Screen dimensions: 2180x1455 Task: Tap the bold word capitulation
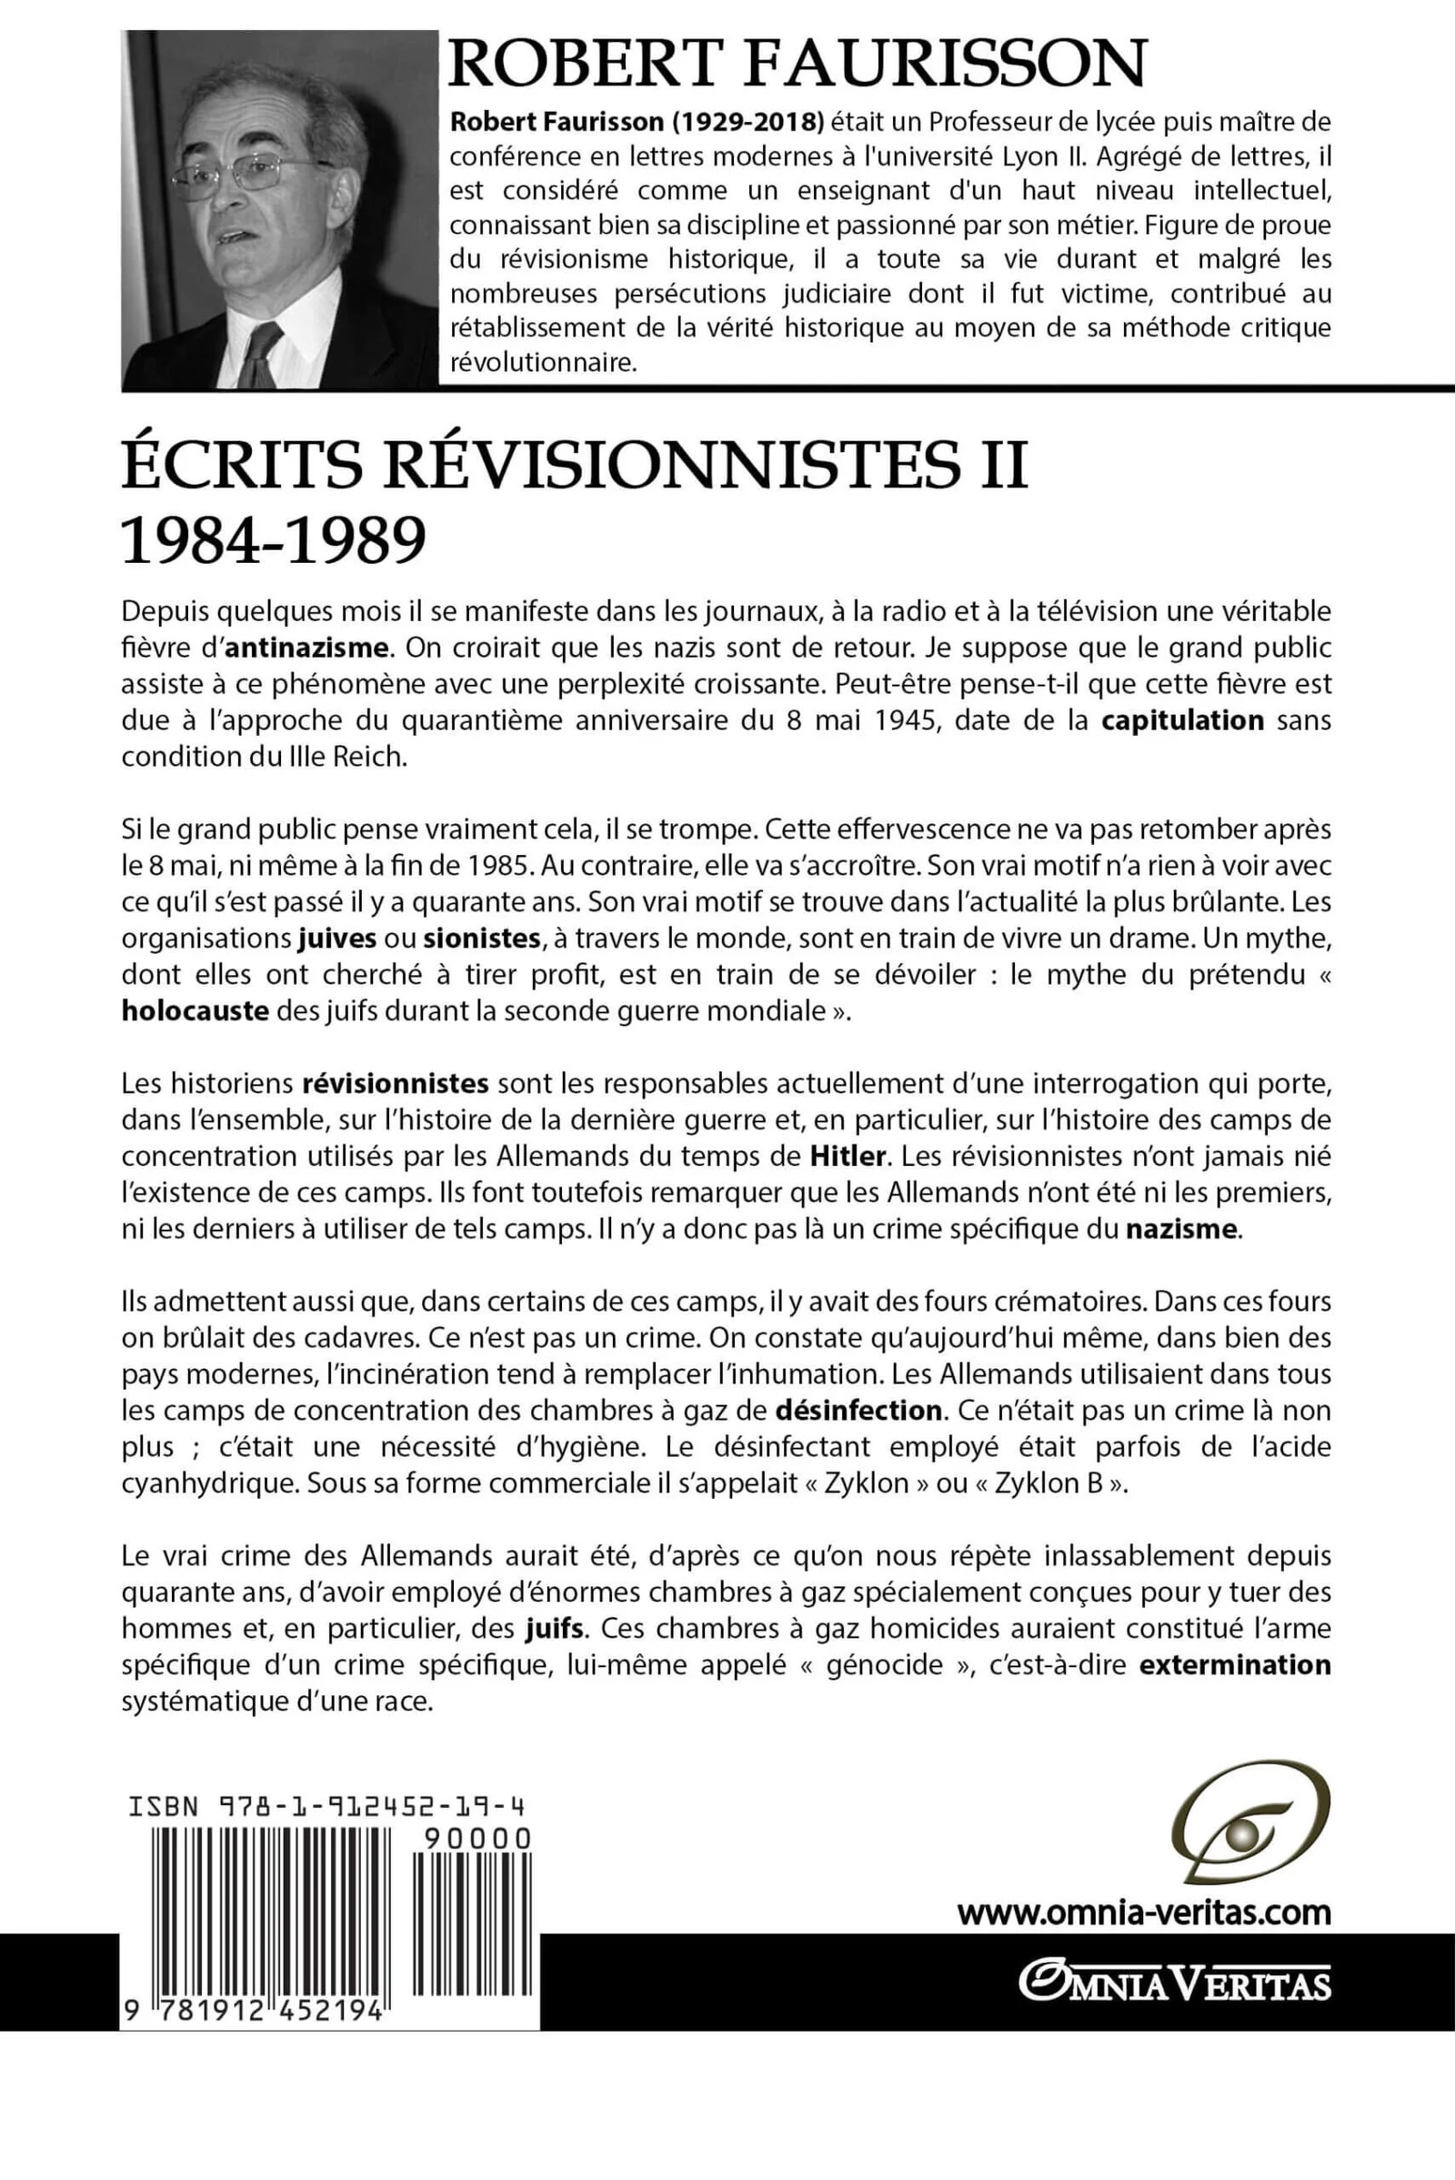pyautogui.click(x=1182, y=720)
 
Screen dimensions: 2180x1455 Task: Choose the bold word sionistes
pyautogui.click(x=482, y=939)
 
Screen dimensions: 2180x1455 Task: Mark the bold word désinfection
pyautogui.click(x=858, y=1411)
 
